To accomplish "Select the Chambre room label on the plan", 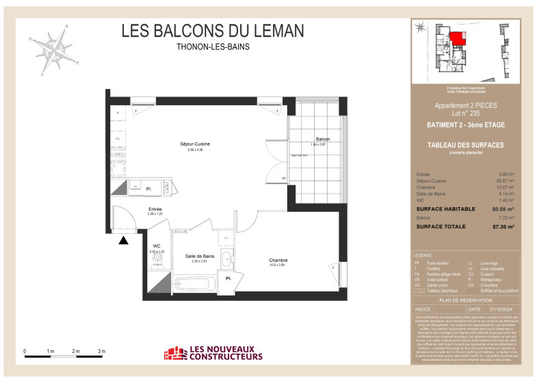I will (x=278, y=260).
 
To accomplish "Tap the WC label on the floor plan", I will (x=157, y=246).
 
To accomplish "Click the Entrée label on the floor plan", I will (x=155, y=209).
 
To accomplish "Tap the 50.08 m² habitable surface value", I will (x=503, y=210).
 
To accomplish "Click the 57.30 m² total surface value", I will (x=503, y=226).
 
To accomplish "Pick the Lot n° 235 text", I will (x=466, y=114).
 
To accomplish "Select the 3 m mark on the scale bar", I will (x=102, y=351).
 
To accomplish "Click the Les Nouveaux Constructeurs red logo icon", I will (x=176, y=353).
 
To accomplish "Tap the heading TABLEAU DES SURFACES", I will (x=465, y=145).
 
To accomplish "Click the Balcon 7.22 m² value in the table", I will (x=505, y=217).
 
